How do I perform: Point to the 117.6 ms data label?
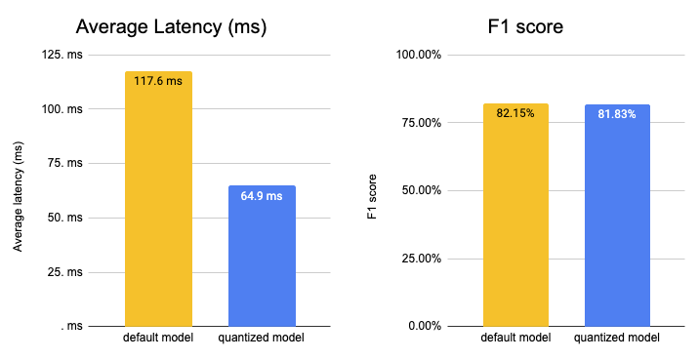pos(158,82)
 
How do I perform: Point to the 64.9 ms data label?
pos(262,196)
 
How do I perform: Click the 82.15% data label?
pos(515,113)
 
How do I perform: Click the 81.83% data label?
pos(617,114)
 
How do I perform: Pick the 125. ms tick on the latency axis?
pos(62,55)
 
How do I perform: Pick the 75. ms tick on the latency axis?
pos(65,163)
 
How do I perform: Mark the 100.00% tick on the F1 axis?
pos(419,55)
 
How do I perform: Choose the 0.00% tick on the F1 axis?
pos(425,326)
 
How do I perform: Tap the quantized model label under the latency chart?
pos(262,338)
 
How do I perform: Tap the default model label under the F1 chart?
pos(515,338)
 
